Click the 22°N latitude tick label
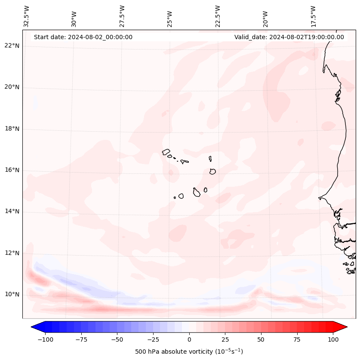pos(12,46)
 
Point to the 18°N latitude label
pos(12,129)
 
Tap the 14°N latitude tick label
pos(12,211)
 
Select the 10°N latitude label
pos(12,294)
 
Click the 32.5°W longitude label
pos(27,16)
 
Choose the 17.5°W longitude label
pos(314,16)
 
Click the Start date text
pos(83,37)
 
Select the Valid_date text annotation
pos(289,37)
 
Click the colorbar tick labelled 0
pos(189,339)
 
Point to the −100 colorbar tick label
pos(46,339)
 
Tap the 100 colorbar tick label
pos(332,339)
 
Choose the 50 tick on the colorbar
pos(261,339)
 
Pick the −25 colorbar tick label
pos(153,339)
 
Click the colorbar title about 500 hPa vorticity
pos(189,352)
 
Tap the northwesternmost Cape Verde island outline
pos(166,152)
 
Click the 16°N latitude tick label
pos(12,170)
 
